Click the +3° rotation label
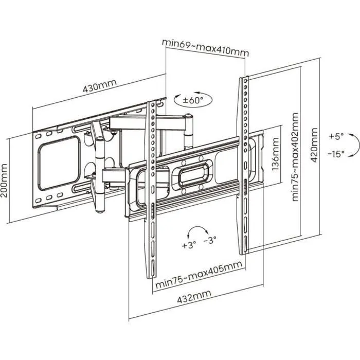click(x=189, y=245)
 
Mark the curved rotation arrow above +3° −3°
click(x=199, y=229)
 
